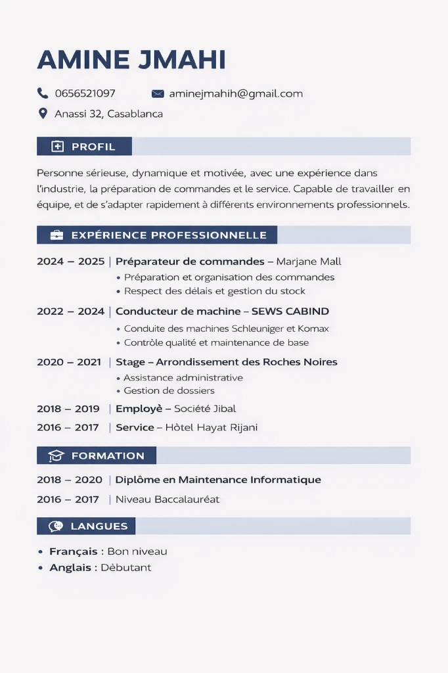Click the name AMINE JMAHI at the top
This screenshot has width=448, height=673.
(131, 60)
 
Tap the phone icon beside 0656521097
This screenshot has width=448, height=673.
(43, 93)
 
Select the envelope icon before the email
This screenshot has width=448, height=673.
(158, 93)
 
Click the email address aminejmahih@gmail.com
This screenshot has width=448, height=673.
(236, 93)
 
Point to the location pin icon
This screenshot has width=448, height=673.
(43, 113)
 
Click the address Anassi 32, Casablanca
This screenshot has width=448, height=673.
(108, 114)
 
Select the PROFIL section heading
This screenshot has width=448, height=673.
(93, 147)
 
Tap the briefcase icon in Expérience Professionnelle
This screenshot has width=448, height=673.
(57, 235)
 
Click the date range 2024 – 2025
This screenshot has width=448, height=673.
(70, 262)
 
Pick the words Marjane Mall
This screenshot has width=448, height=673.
(309, 262)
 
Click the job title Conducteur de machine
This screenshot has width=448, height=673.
(178, 312)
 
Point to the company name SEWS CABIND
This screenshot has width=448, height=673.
(290, 312)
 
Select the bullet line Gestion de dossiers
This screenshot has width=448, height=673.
(169, 391)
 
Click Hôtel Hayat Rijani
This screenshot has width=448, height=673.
(211, 427)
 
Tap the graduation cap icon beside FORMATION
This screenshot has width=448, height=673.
(57, 455)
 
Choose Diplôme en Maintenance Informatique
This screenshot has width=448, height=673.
(218, 480)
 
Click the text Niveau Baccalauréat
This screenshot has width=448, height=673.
(168, 499)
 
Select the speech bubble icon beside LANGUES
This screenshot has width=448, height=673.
(56, 526)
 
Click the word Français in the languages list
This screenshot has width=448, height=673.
(73, 551)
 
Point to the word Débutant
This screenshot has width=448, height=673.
(126, 567)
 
